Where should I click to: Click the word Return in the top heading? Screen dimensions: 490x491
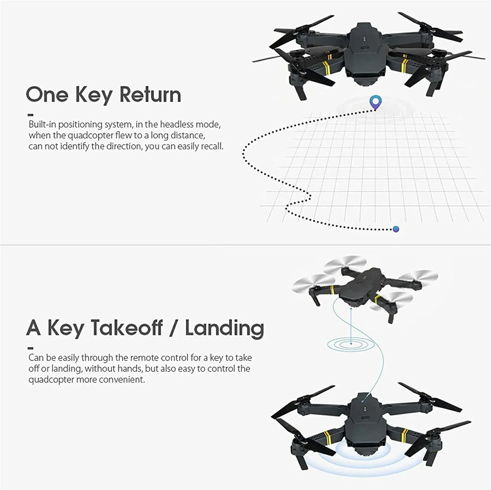150,94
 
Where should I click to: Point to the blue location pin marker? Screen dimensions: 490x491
374,101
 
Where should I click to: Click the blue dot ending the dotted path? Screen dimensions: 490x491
396,229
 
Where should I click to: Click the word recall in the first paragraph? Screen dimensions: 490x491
211,146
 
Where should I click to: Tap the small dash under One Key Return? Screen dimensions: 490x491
31,115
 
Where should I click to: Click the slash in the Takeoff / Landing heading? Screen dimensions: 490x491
173,328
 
